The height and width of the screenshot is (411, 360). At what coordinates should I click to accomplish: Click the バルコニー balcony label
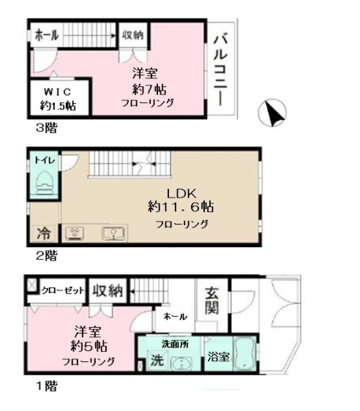point(220,72)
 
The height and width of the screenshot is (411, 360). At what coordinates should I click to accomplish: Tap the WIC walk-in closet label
point(57,92)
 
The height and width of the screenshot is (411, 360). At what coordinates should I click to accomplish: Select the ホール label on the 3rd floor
point(45,34)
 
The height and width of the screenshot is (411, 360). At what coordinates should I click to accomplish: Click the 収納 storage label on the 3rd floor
point(132,34)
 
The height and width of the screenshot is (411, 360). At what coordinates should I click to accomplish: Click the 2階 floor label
point(46,256)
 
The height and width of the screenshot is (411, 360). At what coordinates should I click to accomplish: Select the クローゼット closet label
point(62,290)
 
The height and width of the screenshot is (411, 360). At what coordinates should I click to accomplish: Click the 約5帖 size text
point(88,346)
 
